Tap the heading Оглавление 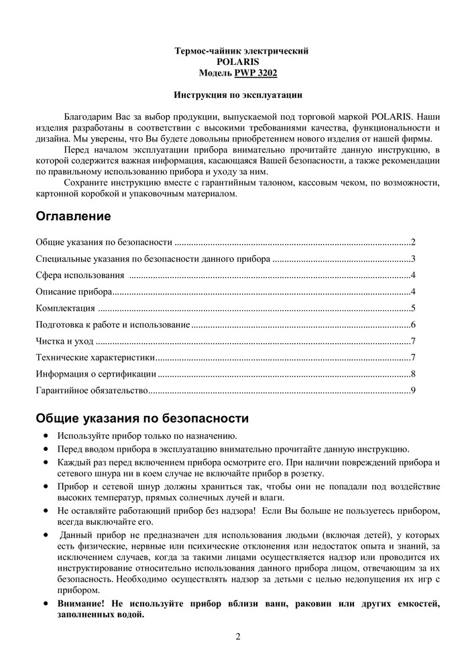pos(73,217)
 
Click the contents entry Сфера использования pos(80,275)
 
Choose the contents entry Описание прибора pos(74,291)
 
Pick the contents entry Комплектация pos(65,308)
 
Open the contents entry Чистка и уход pos(64,341)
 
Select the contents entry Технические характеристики pos(95,357)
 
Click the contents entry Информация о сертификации pos(96,374)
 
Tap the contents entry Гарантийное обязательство pos(91,390)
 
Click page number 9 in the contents pos(414,390)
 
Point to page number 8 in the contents pos(414,374)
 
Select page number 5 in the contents pos(414,308)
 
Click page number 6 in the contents pos(414,324)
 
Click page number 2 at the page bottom pos(238,636)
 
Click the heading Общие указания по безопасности pos(142,419)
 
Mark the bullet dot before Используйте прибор pos(45,435)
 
